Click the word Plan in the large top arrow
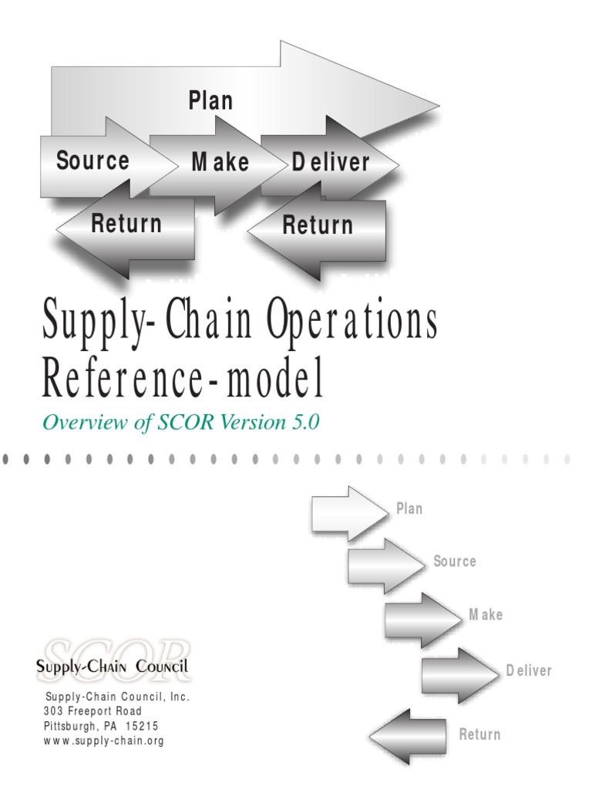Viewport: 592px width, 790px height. (x=210, y=100)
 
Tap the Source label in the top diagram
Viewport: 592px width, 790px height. (x=92, y=160)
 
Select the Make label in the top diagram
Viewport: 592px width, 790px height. (x=220, y=162)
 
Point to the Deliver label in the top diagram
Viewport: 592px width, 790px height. (x=331, y=162)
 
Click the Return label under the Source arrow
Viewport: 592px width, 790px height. (x=126, y=223)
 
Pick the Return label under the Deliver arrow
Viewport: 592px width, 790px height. (x=318, y=225)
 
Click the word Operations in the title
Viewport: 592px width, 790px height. (x=351, y=321)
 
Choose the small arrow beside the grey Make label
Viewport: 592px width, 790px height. (x=423, y=620)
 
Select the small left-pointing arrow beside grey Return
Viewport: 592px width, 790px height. (x=408, y=737)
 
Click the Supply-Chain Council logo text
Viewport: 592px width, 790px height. (x=112, y=666)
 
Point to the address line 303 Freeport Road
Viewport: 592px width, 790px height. (x=92, y=711)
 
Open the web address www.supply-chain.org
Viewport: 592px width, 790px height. (x=104, y=741)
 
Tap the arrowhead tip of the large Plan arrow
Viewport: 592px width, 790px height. (x=439, y=106)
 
